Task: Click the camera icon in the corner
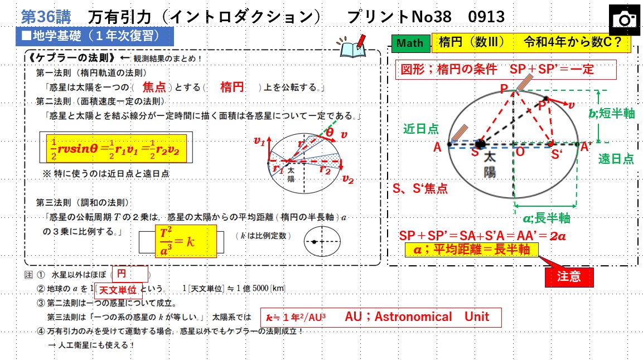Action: pyautogui.click(x=624, y=20)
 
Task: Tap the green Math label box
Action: pyautogui.click(x=410, y=43)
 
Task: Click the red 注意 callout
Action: pyautogui.click(x=569, y=276)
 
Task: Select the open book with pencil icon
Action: pyautogui.click(x=352, y=46)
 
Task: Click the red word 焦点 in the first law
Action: pyautogui.click(x=154, y=87)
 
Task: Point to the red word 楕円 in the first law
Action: pyautogui.click(x=231, y=87)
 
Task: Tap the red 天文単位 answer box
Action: pyautogui.click(x=118, y=290)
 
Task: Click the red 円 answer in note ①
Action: pyautogui.click(x=129, y=274)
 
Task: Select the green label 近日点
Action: pyautogui.click(x=420, y=129)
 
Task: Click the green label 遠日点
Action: pyautogui.click(x=616, y=158)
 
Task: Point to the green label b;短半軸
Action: pyautogui.click(x=612, y=113)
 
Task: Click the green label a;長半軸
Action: pyautogui.click(x=547, y=218)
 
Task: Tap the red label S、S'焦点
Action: pyautogui.click(x=420, y=188)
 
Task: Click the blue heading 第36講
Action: pyautogui.click(x=46, y=17)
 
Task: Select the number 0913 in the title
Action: pyautogui.click(x=486, y=17)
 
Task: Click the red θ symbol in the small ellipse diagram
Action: pyautogui.click(x=330, y=132)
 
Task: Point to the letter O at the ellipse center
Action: pyautogui.click(x=520, y=152)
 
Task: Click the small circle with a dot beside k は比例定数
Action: pyautogui.click(x=322, y=242)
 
